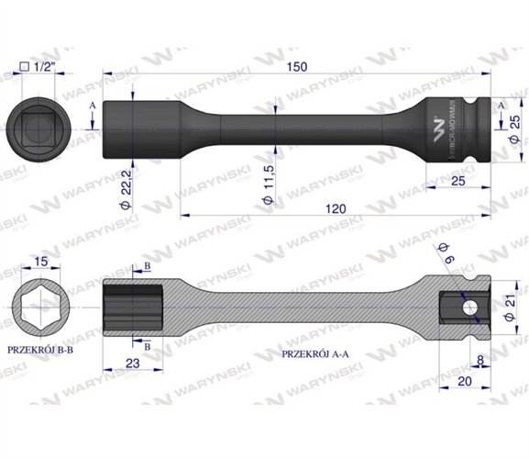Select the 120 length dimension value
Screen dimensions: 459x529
point(336,209)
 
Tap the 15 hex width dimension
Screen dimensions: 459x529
point(39,263)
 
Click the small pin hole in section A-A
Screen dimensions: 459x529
point(468,306)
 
